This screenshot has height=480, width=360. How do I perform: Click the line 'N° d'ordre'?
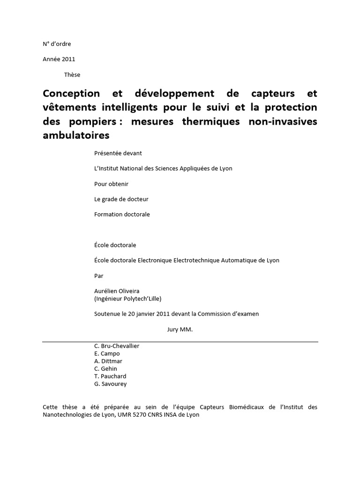click(x=57, y=44)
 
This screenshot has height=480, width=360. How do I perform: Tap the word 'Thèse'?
click(x=72, y=75)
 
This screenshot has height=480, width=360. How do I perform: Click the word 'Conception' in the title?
click(x=72, y=93)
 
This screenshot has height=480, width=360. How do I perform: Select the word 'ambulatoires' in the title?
click(x=76, y=135)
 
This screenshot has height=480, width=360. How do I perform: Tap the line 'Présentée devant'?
click(x=118, y=153)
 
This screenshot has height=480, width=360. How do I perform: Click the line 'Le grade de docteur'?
click(x=121, y=199)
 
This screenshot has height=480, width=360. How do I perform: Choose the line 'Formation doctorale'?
click(x=122, y=214)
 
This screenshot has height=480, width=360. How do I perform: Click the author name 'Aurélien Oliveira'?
click(x=117, y=291)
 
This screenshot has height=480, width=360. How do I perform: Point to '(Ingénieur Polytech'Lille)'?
click(x=127, y=299)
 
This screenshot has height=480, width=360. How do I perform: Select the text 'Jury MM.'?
click(x=180, y=330)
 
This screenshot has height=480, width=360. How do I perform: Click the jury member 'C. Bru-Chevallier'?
click(x=117, y=346)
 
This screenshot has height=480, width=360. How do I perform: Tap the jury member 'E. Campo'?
click(x=107, y=353)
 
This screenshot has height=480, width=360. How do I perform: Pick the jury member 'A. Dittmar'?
click(x=108, y=361)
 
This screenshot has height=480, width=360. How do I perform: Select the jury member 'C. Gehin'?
click(x=106, y=368)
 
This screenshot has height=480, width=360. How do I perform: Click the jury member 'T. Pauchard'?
click(x=110, y=376)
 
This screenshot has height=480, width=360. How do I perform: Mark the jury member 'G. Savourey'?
click(x=111, y=384)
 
